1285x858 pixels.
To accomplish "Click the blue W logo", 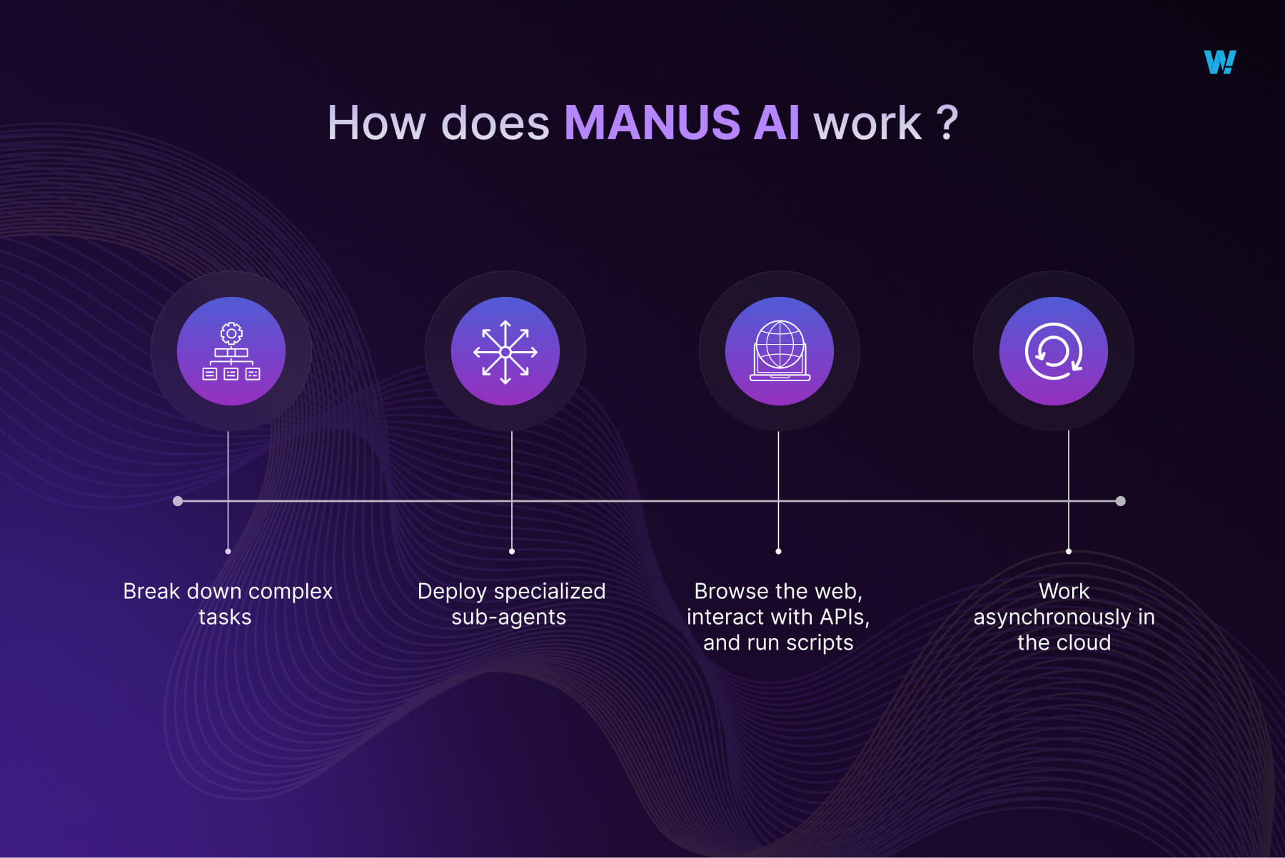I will (1219, 62).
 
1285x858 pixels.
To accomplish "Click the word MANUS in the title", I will (652, 123).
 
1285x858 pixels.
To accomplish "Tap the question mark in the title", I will (947, 123).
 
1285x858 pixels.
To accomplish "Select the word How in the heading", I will (377, 123).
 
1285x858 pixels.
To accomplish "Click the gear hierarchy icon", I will (231, 351).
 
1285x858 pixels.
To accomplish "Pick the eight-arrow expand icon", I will (505, 351).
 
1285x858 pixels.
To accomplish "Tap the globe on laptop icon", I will (780, 351).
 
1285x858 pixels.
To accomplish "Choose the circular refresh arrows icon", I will (1054, 351).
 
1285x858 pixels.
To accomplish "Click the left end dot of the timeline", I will (178, 501).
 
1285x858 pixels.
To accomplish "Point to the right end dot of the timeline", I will (1121, 501).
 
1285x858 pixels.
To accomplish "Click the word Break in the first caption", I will (151, 591).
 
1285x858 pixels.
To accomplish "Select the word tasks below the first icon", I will (225, 617).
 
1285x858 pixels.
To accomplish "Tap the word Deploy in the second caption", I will (452, 591).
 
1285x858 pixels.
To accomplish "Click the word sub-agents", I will (508, 617).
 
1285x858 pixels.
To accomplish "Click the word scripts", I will (820, 642).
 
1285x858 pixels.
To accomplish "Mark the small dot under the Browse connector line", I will (778, 551).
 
